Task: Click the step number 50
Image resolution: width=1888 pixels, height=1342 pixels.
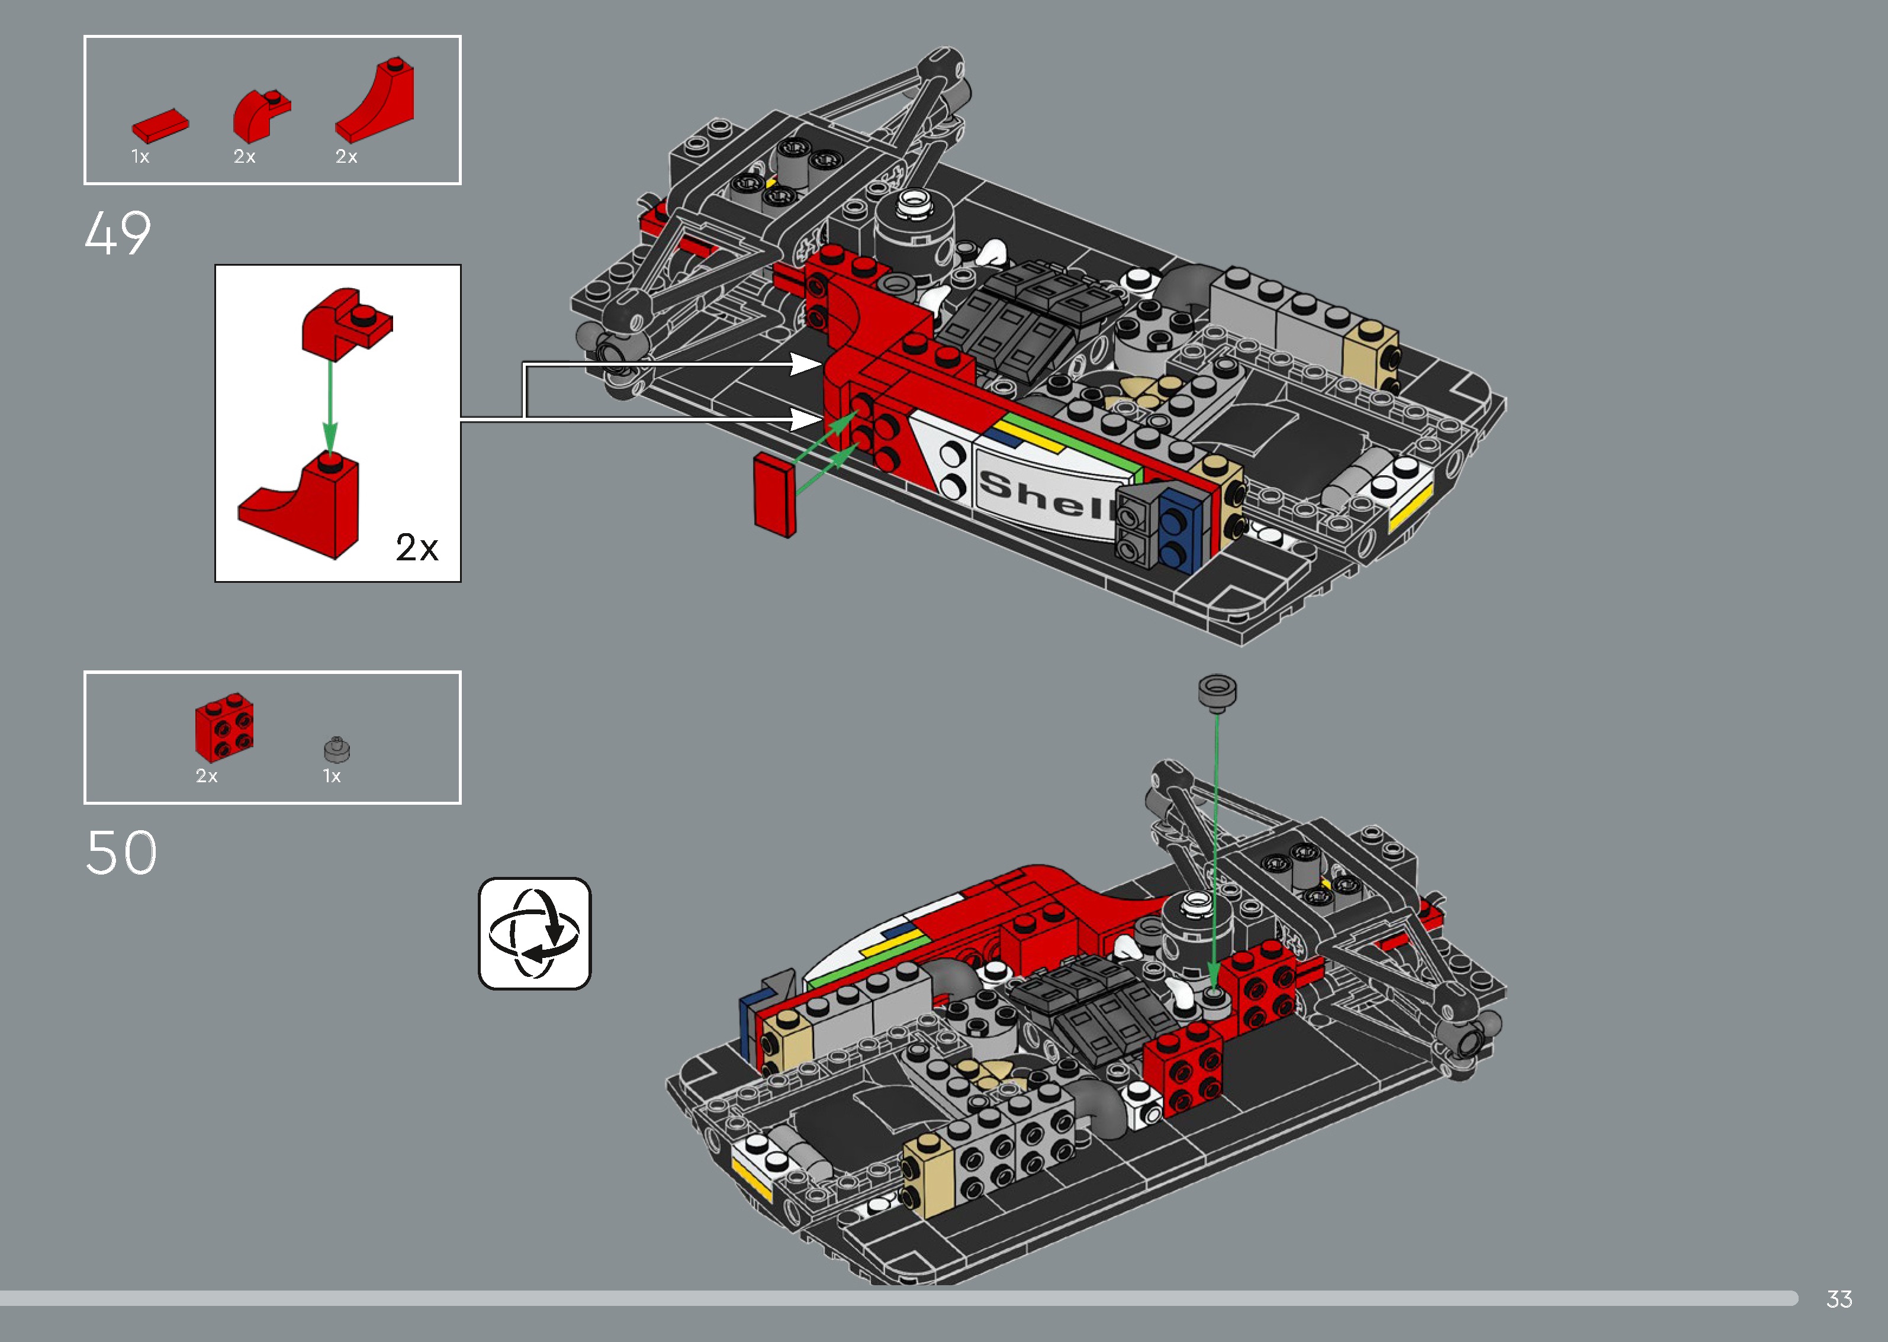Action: point(121,853)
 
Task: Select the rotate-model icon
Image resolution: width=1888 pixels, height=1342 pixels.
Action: point(535,933)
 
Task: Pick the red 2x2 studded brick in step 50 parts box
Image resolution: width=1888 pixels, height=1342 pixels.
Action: point(224,727)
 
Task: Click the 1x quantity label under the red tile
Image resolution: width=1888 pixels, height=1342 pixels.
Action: point(140,157)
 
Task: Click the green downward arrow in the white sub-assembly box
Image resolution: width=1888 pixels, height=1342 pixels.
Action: point(330,405)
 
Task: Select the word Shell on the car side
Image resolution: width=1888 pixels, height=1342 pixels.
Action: point(1045,494)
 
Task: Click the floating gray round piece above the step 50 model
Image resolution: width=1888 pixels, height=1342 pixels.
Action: point(1217,692)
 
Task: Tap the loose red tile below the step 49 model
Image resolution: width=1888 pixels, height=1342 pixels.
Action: point(774,496)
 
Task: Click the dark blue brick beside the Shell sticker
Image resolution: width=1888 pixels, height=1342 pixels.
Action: point(1179,530)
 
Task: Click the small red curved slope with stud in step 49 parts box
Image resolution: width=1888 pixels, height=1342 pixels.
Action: point(259,116)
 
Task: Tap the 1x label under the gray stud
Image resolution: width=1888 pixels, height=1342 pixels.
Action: point(332,776)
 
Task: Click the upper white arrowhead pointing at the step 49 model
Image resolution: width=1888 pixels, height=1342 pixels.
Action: point(803,363)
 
